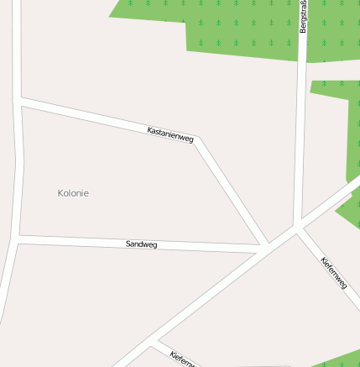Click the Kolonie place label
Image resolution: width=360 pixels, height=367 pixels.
click(x=73, y=193)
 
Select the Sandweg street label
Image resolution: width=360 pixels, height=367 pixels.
click(x=141, y=244)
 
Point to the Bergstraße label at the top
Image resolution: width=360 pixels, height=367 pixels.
click(x=303, y=17)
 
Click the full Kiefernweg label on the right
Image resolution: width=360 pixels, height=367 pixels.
click(x=334, y=273)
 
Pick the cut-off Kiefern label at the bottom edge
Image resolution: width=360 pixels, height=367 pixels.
click(x=182, y=359)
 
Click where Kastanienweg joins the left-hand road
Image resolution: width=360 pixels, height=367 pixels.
click(x=18, y=102)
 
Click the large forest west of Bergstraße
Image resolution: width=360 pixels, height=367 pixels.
click(x=243, y=25)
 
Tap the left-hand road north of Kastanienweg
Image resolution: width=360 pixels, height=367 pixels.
click(x=17, y=50)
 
